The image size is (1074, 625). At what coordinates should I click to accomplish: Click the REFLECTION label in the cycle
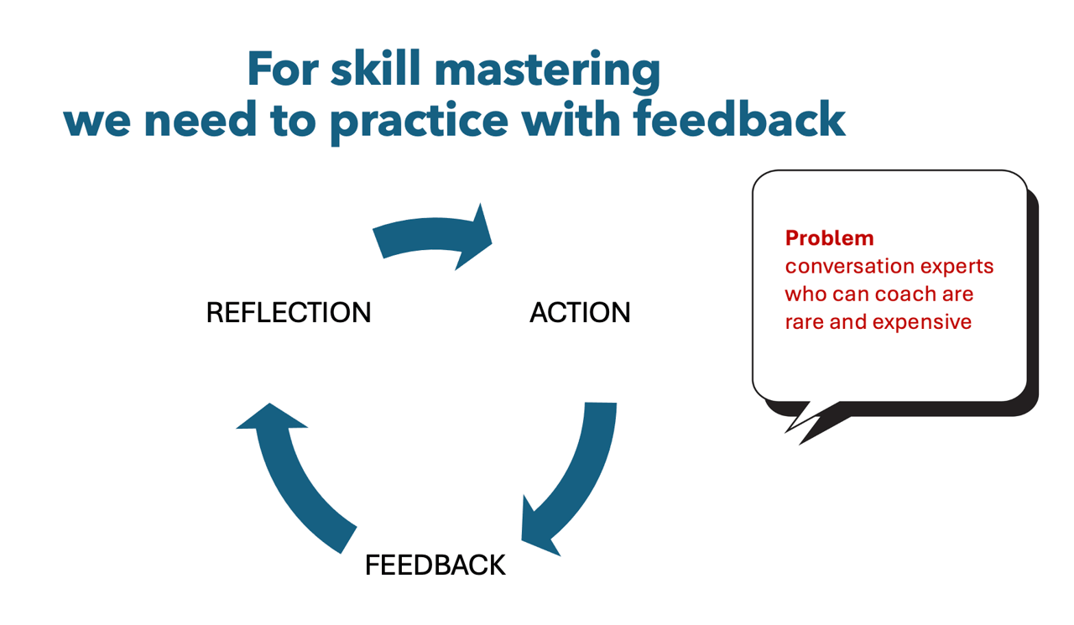click(x=289, y=312)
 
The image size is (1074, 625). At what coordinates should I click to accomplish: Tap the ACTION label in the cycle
click(x=580, y=312)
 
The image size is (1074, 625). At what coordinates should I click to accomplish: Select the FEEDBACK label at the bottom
click(x=435, y=565)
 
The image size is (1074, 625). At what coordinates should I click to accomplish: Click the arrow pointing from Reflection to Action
click(x=434, y=234)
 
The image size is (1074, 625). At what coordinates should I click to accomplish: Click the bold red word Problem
click(x=830, y=238)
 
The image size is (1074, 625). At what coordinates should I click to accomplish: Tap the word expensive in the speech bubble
click(x=921, y=322)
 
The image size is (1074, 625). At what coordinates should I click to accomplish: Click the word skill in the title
click(x=375, y=69)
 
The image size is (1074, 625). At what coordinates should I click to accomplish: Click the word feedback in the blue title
click(x=739, y=119)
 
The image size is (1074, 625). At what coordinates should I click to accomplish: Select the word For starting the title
click(x=283, y=69)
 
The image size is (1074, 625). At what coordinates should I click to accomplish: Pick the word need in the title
click(x=200, y=120)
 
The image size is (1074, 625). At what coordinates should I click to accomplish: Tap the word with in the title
click(x=571, y=119)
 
